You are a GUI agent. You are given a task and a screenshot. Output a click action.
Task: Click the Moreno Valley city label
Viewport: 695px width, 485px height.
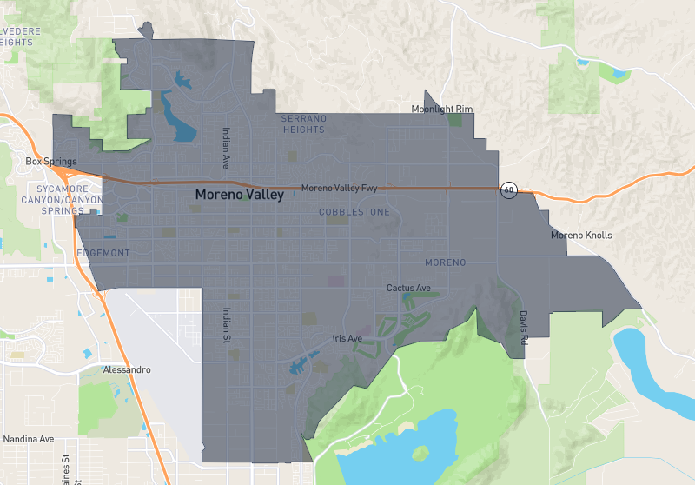coord(239,195)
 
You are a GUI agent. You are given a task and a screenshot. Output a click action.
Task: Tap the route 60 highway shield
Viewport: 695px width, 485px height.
coord(509,189)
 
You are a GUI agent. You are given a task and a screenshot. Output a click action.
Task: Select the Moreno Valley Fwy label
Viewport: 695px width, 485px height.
coord(339,188)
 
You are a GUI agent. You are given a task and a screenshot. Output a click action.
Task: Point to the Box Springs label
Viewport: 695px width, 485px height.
coord(51,162)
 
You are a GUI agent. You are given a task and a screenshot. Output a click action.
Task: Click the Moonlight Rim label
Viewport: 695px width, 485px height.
coord(441,109)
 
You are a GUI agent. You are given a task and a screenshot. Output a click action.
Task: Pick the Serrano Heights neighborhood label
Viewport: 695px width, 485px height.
coord(303,123)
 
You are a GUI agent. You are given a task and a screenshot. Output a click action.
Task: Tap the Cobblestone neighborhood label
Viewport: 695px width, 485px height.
coord(354,212)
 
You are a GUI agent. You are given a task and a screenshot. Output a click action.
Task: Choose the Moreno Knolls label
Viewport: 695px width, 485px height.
coord(581,236)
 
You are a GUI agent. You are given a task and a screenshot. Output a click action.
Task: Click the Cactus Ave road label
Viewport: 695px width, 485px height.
coord(408,288)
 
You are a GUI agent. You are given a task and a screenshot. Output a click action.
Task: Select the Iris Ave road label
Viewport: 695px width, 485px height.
coord(347,338)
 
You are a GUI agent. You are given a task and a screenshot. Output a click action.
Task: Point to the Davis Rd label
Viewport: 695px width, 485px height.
coord(524,329)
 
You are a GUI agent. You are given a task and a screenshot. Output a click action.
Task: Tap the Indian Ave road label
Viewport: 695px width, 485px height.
coord(224,149)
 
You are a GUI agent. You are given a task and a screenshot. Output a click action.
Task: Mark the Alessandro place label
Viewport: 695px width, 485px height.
coord(127,369)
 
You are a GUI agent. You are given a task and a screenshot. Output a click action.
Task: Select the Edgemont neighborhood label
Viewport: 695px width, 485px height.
coord(103,253)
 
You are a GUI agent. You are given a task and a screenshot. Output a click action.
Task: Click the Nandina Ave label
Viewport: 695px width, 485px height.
coord(30,439)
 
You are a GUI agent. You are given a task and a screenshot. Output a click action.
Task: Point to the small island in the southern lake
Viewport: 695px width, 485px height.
coord(421,453)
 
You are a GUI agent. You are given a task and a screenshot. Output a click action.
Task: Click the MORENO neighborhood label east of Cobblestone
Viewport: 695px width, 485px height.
coord(445,262)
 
